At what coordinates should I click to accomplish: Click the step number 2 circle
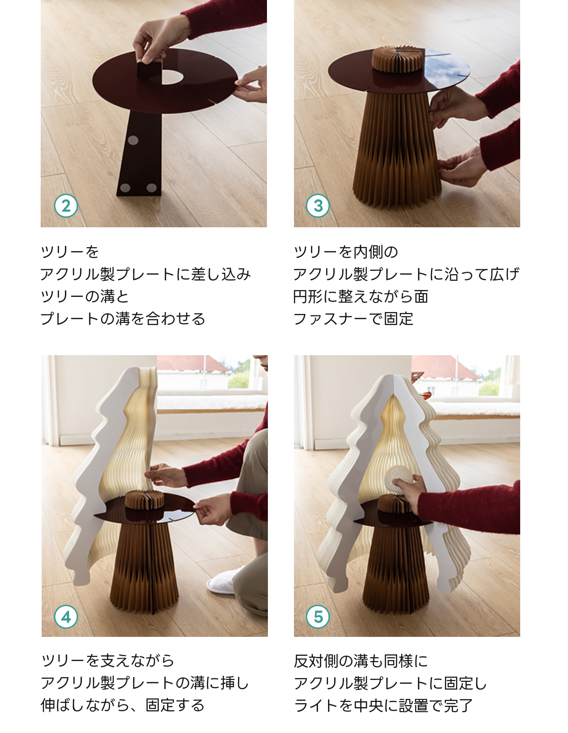click(x=66, y=206)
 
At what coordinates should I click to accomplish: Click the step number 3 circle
click(x=318, y=206)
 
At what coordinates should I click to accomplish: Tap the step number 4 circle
click(x=66, y=617)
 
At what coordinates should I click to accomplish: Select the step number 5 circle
click(x=318, y=617)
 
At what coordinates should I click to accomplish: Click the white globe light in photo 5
click(x=400, y=480)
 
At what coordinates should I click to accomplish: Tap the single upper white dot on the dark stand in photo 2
click(x=133, y=140)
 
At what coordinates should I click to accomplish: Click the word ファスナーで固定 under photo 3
click(x=353, y=319)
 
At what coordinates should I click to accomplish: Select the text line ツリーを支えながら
click(x=107, y=661)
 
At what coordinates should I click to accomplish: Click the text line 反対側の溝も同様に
click(x=361, y=661)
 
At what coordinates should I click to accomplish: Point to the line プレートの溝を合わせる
click(x=123, y=319)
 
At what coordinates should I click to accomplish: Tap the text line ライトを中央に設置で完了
click(x=383, y=705)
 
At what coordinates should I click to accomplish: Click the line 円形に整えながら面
click(x=361, y=296)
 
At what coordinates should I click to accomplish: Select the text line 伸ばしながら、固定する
click(x=123, y=705)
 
